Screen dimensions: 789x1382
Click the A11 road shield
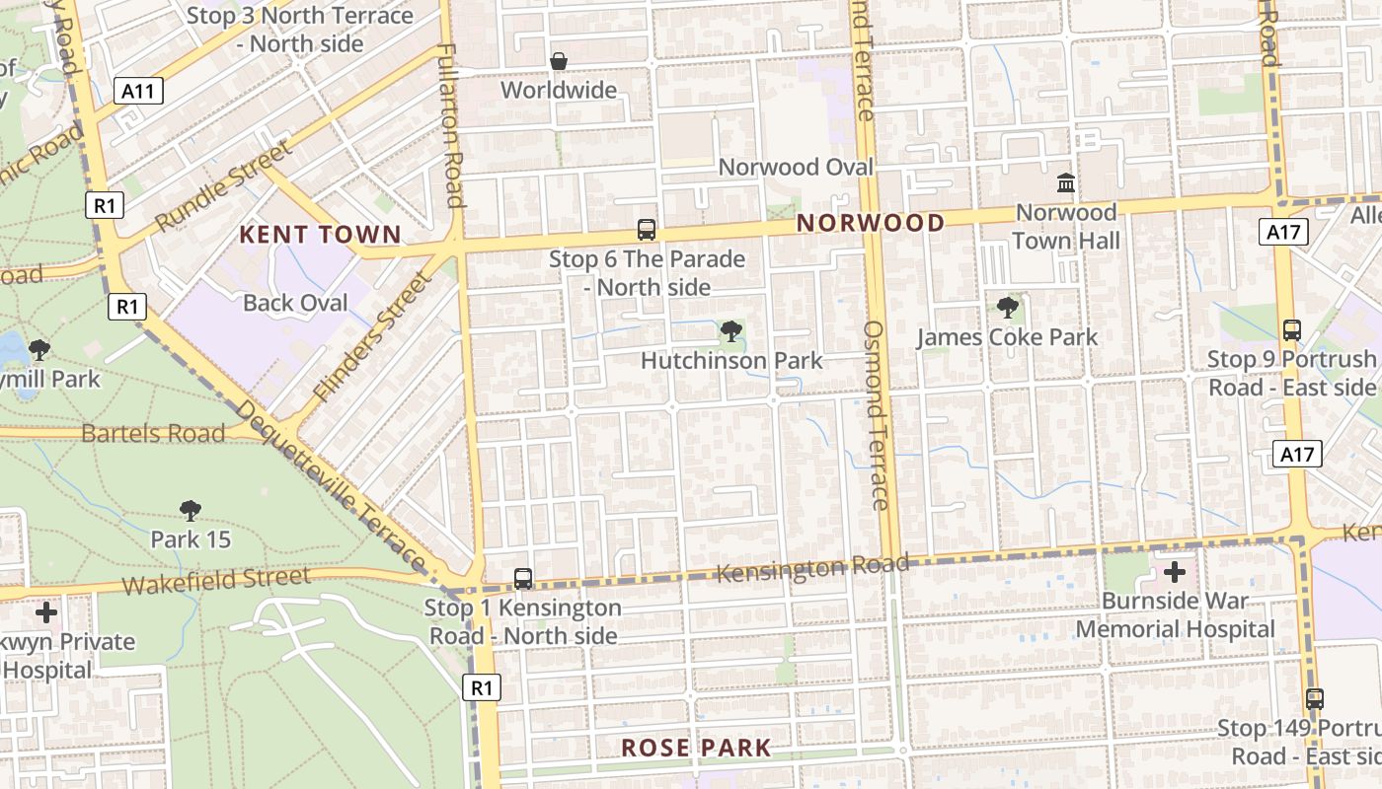coord(138,92)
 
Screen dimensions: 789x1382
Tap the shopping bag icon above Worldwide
coord(559,61)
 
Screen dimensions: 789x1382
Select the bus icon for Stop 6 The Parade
coord(647,230)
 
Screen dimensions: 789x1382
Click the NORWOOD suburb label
coord(871,223)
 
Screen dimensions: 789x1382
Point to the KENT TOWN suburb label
coord(322,235)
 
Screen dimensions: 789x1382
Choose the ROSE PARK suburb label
coord(695,748)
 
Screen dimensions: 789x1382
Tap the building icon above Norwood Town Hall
coord(1066,183)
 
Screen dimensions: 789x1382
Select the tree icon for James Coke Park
coord(1007,308)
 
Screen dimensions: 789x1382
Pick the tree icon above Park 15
coord(191,510)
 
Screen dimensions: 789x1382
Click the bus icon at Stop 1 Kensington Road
coord(523,579)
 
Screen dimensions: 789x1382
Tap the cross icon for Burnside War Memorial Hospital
coord(1174,572)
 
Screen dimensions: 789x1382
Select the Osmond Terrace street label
coord(876,414)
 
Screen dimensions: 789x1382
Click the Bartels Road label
coord(153,432)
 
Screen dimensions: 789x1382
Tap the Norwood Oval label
coord(796,167)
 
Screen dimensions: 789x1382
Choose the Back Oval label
coord(295,302)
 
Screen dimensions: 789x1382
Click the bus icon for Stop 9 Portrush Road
coord(1291,329)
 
